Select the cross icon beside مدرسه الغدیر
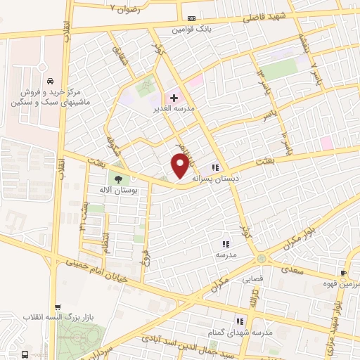pos(173,98)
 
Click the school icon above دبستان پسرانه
pos(215,167)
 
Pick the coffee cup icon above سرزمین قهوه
pos(343,273)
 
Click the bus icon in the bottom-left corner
pos(25,354)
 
